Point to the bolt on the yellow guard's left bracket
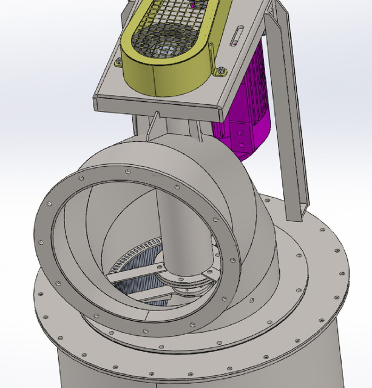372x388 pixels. coord(118,60)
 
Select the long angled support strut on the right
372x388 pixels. coord(291,121)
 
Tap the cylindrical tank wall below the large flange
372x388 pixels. coord(182,373)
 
